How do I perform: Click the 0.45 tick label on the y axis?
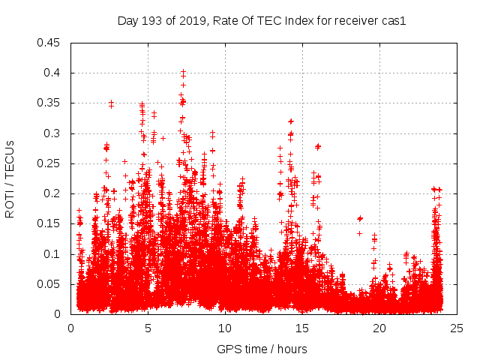50,43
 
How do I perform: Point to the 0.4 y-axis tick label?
53,73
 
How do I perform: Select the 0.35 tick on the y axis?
50,103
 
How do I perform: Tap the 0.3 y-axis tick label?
53,133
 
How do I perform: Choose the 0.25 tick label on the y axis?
50,163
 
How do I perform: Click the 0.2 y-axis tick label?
53,193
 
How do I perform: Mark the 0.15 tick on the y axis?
50,223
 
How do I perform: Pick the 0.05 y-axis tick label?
50,284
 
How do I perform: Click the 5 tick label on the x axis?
148,328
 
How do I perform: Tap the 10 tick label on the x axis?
225,328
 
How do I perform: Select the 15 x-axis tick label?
302,328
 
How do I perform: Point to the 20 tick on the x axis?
379,328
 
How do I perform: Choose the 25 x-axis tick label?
457,328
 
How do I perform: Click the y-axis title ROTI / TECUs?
10,178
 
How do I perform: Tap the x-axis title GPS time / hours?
262,349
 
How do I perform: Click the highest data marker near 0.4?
183,72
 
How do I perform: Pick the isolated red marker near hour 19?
360,218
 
